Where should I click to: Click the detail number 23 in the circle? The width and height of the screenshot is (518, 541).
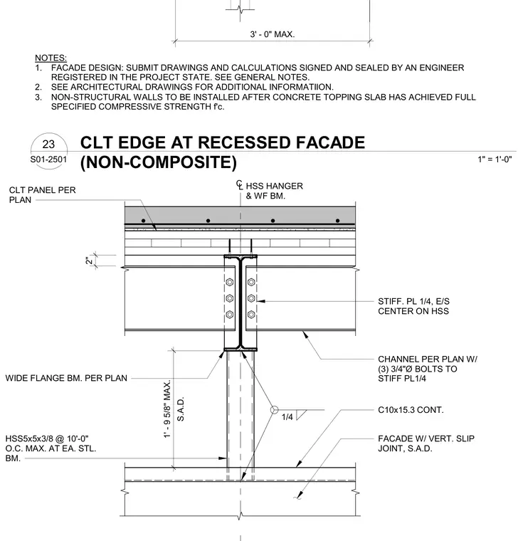(48, 144)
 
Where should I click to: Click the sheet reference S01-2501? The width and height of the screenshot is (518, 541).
(48, 159)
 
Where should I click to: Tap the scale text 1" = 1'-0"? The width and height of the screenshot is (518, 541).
(495, 159)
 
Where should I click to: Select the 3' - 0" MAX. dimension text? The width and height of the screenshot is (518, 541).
(273, 34)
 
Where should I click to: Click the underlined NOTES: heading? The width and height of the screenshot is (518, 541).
(51, 58)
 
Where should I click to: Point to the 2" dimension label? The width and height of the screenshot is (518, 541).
(90, 261)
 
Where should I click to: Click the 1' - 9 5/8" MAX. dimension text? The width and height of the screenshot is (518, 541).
(167, 409)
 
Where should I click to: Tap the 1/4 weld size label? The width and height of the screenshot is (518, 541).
(287, 417)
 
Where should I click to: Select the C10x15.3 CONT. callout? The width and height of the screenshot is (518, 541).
(411, 410)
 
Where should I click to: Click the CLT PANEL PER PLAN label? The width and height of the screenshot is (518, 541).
(43, 195)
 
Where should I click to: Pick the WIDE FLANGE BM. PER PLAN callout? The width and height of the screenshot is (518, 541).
(66, 378)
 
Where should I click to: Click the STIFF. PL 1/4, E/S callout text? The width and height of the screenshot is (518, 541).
(414, 301)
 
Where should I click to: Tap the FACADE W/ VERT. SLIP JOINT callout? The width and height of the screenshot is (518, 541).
(426, 443)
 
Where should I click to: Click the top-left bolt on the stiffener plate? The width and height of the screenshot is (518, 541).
(230, 282)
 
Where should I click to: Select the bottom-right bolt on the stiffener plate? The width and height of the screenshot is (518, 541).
(251, 315)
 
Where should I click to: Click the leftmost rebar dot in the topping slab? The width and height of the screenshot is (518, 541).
(144, 221)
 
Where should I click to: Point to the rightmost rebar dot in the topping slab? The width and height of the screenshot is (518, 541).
(338, 221)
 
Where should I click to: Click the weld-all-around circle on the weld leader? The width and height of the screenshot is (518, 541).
(274, 410)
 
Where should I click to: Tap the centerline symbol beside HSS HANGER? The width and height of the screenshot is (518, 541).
(240, 185)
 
